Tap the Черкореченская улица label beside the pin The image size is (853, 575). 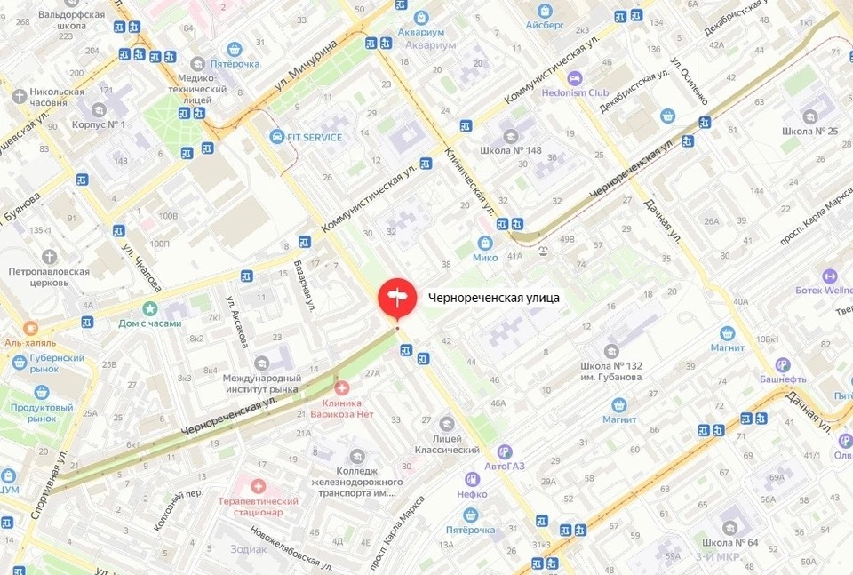click(493, 299)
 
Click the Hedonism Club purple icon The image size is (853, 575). click(574, 78)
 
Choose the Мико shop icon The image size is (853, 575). click(485, 242)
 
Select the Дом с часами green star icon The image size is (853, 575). click(149, 307)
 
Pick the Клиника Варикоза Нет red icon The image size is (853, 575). click(341, 387)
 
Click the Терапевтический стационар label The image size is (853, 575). click(259, 507)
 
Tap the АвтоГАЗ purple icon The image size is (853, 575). click(505, 451)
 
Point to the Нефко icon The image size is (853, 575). click(473, 493)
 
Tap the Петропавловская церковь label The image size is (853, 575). click(50, 276)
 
